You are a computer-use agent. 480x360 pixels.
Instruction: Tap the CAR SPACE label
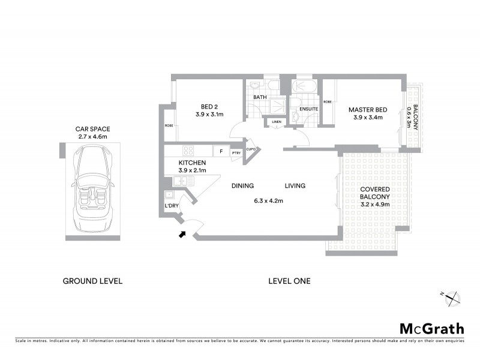click(x=92, y=129)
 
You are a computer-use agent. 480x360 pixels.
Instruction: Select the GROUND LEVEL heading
click(x=92, y=281)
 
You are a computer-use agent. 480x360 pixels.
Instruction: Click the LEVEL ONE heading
click(x=290, y=281)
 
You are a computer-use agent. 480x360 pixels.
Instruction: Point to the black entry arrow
click(x=182, y=235)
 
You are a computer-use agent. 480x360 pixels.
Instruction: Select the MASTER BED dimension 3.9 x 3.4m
click(x=368, y=118)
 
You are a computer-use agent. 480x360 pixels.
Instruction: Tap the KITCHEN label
click(x=193, y=163)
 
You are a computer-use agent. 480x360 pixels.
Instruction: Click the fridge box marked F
click(x=221, y=152)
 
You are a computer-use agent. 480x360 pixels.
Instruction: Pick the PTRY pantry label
click(x=236, y=152)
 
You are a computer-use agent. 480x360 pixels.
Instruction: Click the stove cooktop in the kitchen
click(x=188, y=151)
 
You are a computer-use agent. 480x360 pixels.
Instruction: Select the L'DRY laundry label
click(x=172, y=206)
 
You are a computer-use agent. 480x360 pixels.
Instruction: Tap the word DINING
click(x=243, y=186)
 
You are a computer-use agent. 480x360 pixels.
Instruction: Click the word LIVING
click(x=295, y=186)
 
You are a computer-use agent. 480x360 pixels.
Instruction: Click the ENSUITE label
click(x=308, y=109)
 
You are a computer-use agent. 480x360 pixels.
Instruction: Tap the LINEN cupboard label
click(x=276, y=122)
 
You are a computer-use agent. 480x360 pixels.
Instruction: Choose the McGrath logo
click(x=431, y=328)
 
